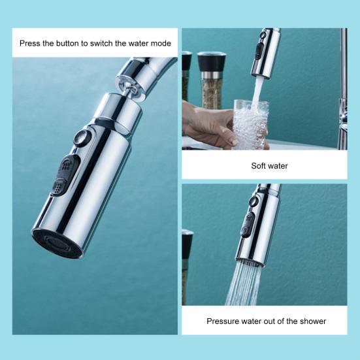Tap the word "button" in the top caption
68,43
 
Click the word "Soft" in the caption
258,165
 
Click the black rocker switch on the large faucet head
65,175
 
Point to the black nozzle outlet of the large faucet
57,244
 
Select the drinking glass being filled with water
251,125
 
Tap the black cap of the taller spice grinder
211,62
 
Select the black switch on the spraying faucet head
247,224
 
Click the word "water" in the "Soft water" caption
277,165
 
